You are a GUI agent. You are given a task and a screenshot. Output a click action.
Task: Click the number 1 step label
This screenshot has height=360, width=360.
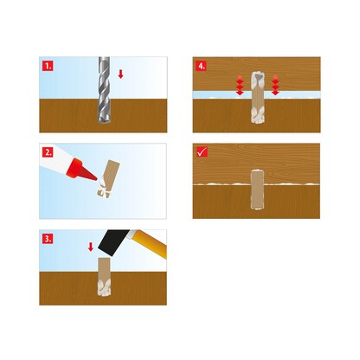coord(48,66)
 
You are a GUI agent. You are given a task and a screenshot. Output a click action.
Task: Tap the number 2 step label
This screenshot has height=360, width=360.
coord(48,152)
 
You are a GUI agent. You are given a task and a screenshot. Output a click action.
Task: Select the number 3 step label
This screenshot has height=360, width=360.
coord(48,239)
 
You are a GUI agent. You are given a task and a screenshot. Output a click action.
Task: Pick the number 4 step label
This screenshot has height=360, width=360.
coord(202,66)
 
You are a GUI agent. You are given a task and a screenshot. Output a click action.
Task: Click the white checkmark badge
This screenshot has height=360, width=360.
coord(202,152)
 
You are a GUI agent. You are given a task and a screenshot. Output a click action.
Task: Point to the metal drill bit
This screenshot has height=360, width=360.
coord(104,91)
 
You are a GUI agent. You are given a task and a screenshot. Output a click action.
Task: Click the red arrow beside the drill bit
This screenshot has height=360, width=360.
coord(121,74)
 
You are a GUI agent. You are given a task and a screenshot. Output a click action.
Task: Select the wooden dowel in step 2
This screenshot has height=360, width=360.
coord(108,179)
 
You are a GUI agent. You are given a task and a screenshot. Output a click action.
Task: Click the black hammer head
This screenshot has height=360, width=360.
coord(113,242)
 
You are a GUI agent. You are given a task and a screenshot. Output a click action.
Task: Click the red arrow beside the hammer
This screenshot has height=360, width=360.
coord(91,247)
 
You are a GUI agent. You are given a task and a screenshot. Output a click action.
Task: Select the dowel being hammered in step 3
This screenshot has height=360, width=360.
coord(104,277)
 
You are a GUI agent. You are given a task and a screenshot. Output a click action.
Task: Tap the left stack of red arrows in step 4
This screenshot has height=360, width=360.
coord(240,85)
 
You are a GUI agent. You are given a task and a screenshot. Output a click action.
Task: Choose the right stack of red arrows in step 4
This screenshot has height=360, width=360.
coord(275,85)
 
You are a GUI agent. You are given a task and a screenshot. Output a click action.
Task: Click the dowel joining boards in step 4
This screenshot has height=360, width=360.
coord(258,98)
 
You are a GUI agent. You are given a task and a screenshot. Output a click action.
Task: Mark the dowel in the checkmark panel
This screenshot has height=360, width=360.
coord(257,190)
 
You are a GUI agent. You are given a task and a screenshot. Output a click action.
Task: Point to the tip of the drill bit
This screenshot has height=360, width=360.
coord(104,125)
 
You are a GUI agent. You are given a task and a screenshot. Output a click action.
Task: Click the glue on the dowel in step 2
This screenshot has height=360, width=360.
coord(103,188)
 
